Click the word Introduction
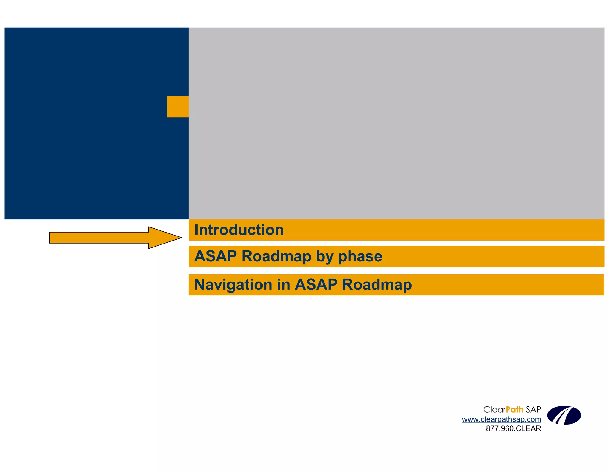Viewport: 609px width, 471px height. (x=239, y=230)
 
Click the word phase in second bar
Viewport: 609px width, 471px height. (x=360, y=256)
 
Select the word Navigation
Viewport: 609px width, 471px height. (x=233, y=285)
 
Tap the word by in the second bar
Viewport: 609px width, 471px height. (x=324, y=256)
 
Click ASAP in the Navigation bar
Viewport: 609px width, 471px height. (x=316, y=285)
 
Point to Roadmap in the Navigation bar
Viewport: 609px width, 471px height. (x=377, y=285)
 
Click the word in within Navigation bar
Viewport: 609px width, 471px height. (x=284, y=285)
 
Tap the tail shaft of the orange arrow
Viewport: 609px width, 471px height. (x=98, y=238)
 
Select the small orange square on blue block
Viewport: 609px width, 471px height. (x=178, y=107)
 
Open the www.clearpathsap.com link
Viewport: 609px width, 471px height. (x=501, y=419)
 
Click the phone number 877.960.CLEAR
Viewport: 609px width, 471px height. (x=513, y=428)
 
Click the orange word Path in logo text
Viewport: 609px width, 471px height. (x=514, y=410)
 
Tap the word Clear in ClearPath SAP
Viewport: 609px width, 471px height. (x=494, y=410)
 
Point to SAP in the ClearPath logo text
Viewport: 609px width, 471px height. (x=533, y=410)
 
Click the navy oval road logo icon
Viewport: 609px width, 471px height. (x=564, y=415)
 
